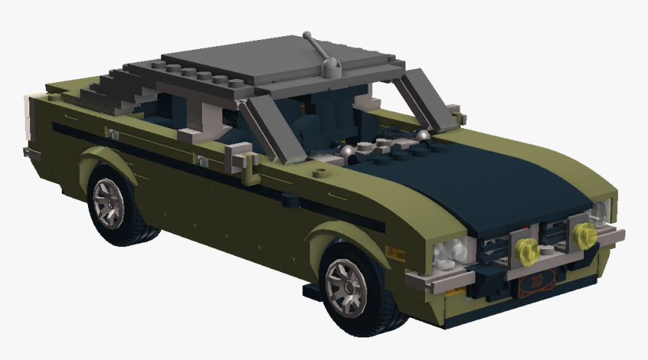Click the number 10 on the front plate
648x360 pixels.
(536, 283)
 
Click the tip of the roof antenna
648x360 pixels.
(305, 34)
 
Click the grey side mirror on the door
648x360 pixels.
(240, 158)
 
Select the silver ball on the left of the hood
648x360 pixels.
(348, 151)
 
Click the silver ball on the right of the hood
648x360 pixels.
(423, 134)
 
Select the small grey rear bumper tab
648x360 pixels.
(30, 153)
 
